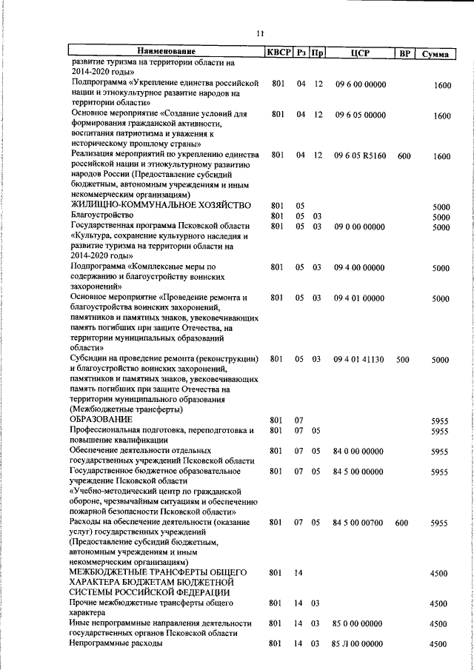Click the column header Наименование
pos(165,52)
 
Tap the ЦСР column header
pos(360,52)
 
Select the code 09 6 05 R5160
pos(360,156)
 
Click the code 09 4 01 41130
pos(359,359)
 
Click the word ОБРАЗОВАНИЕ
pos(101,420)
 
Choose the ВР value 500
pos(403,359)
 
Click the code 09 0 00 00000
pos(359,227)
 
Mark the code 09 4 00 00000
pos(359,267)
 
